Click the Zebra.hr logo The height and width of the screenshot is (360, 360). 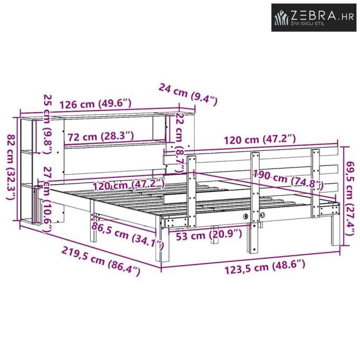[314, 17]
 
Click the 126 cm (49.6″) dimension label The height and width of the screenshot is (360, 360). [95, 104]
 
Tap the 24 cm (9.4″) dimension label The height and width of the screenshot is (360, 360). [188, 94]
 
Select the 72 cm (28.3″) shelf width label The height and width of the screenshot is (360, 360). [101, 137]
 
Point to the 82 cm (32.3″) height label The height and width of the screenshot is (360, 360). [11, 166]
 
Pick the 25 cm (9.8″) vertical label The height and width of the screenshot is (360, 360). [48, 124]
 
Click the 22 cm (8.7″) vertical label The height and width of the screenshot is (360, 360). [179, 142]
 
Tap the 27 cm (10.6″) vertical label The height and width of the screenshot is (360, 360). [47, 199]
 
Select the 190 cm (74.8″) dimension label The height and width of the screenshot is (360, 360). [288, 178]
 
